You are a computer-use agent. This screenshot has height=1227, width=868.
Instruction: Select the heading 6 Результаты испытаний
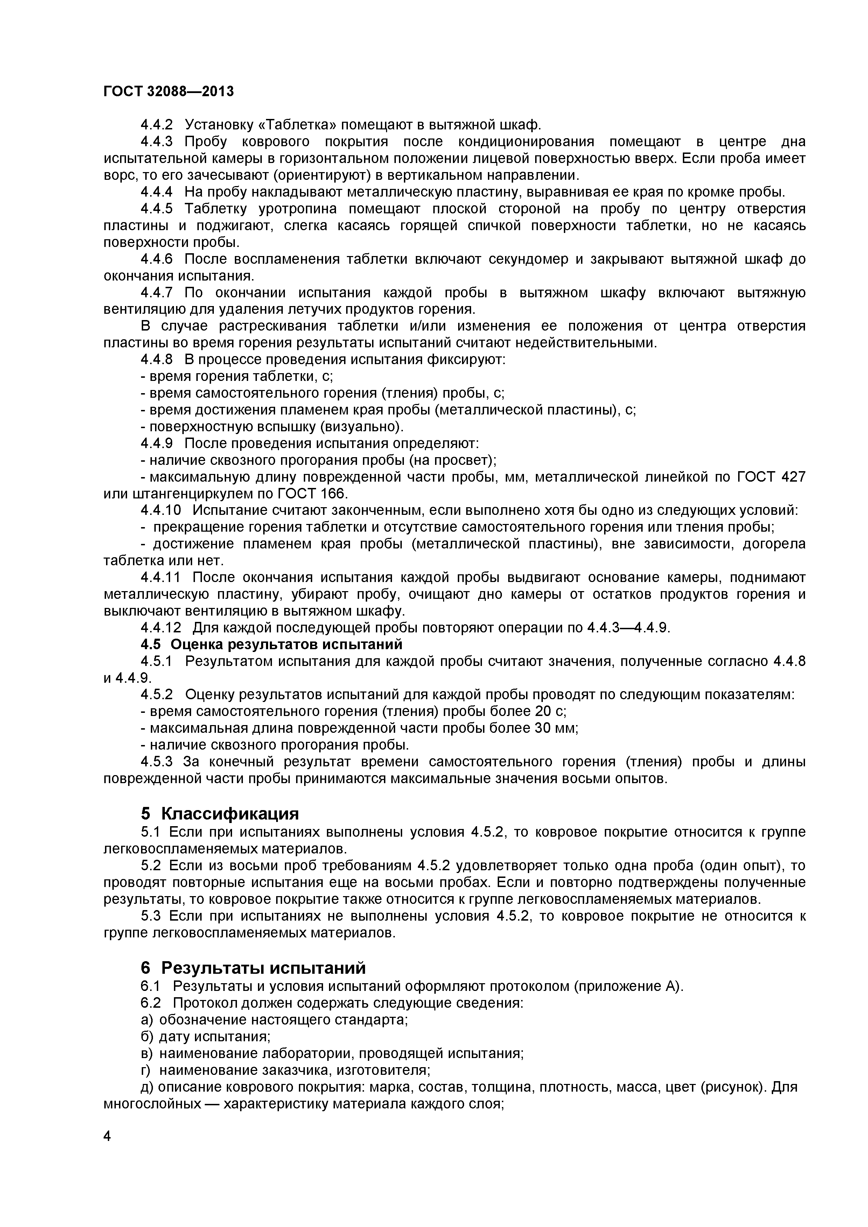coord(253,968)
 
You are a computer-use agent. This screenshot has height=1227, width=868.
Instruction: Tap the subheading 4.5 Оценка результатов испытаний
coord(271,644)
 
